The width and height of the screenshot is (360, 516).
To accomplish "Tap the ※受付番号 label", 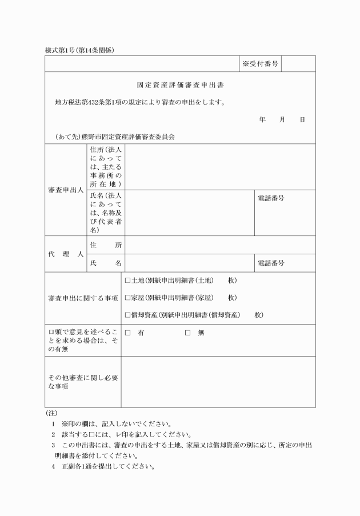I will point(260,63).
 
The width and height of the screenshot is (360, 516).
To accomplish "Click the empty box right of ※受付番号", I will point(298,63).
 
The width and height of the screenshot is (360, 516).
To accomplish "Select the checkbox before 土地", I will point(127,281).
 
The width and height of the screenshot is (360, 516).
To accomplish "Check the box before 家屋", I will point(127,298).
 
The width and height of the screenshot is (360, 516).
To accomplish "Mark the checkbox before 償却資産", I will point(127,315).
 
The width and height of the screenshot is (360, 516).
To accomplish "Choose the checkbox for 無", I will point(187,333).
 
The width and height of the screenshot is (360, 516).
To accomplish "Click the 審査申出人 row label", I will point(65,190).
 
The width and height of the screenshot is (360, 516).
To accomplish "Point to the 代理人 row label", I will point(65,254).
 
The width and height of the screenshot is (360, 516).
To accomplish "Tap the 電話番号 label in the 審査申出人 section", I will point(271,198).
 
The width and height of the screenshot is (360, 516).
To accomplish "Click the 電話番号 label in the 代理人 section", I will point(271,263).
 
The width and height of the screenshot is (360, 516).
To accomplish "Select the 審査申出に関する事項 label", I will point(83,298).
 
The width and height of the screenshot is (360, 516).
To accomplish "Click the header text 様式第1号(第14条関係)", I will point(79,50).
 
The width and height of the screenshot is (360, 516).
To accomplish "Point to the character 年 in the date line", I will point(262,119).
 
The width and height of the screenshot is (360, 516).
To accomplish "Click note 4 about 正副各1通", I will point(103,466).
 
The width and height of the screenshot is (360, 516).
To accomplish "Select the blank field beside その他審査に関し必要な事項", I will point(218,382).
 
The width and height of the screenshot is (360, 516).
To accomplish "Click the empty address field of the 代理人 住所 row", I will point(219,245).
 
